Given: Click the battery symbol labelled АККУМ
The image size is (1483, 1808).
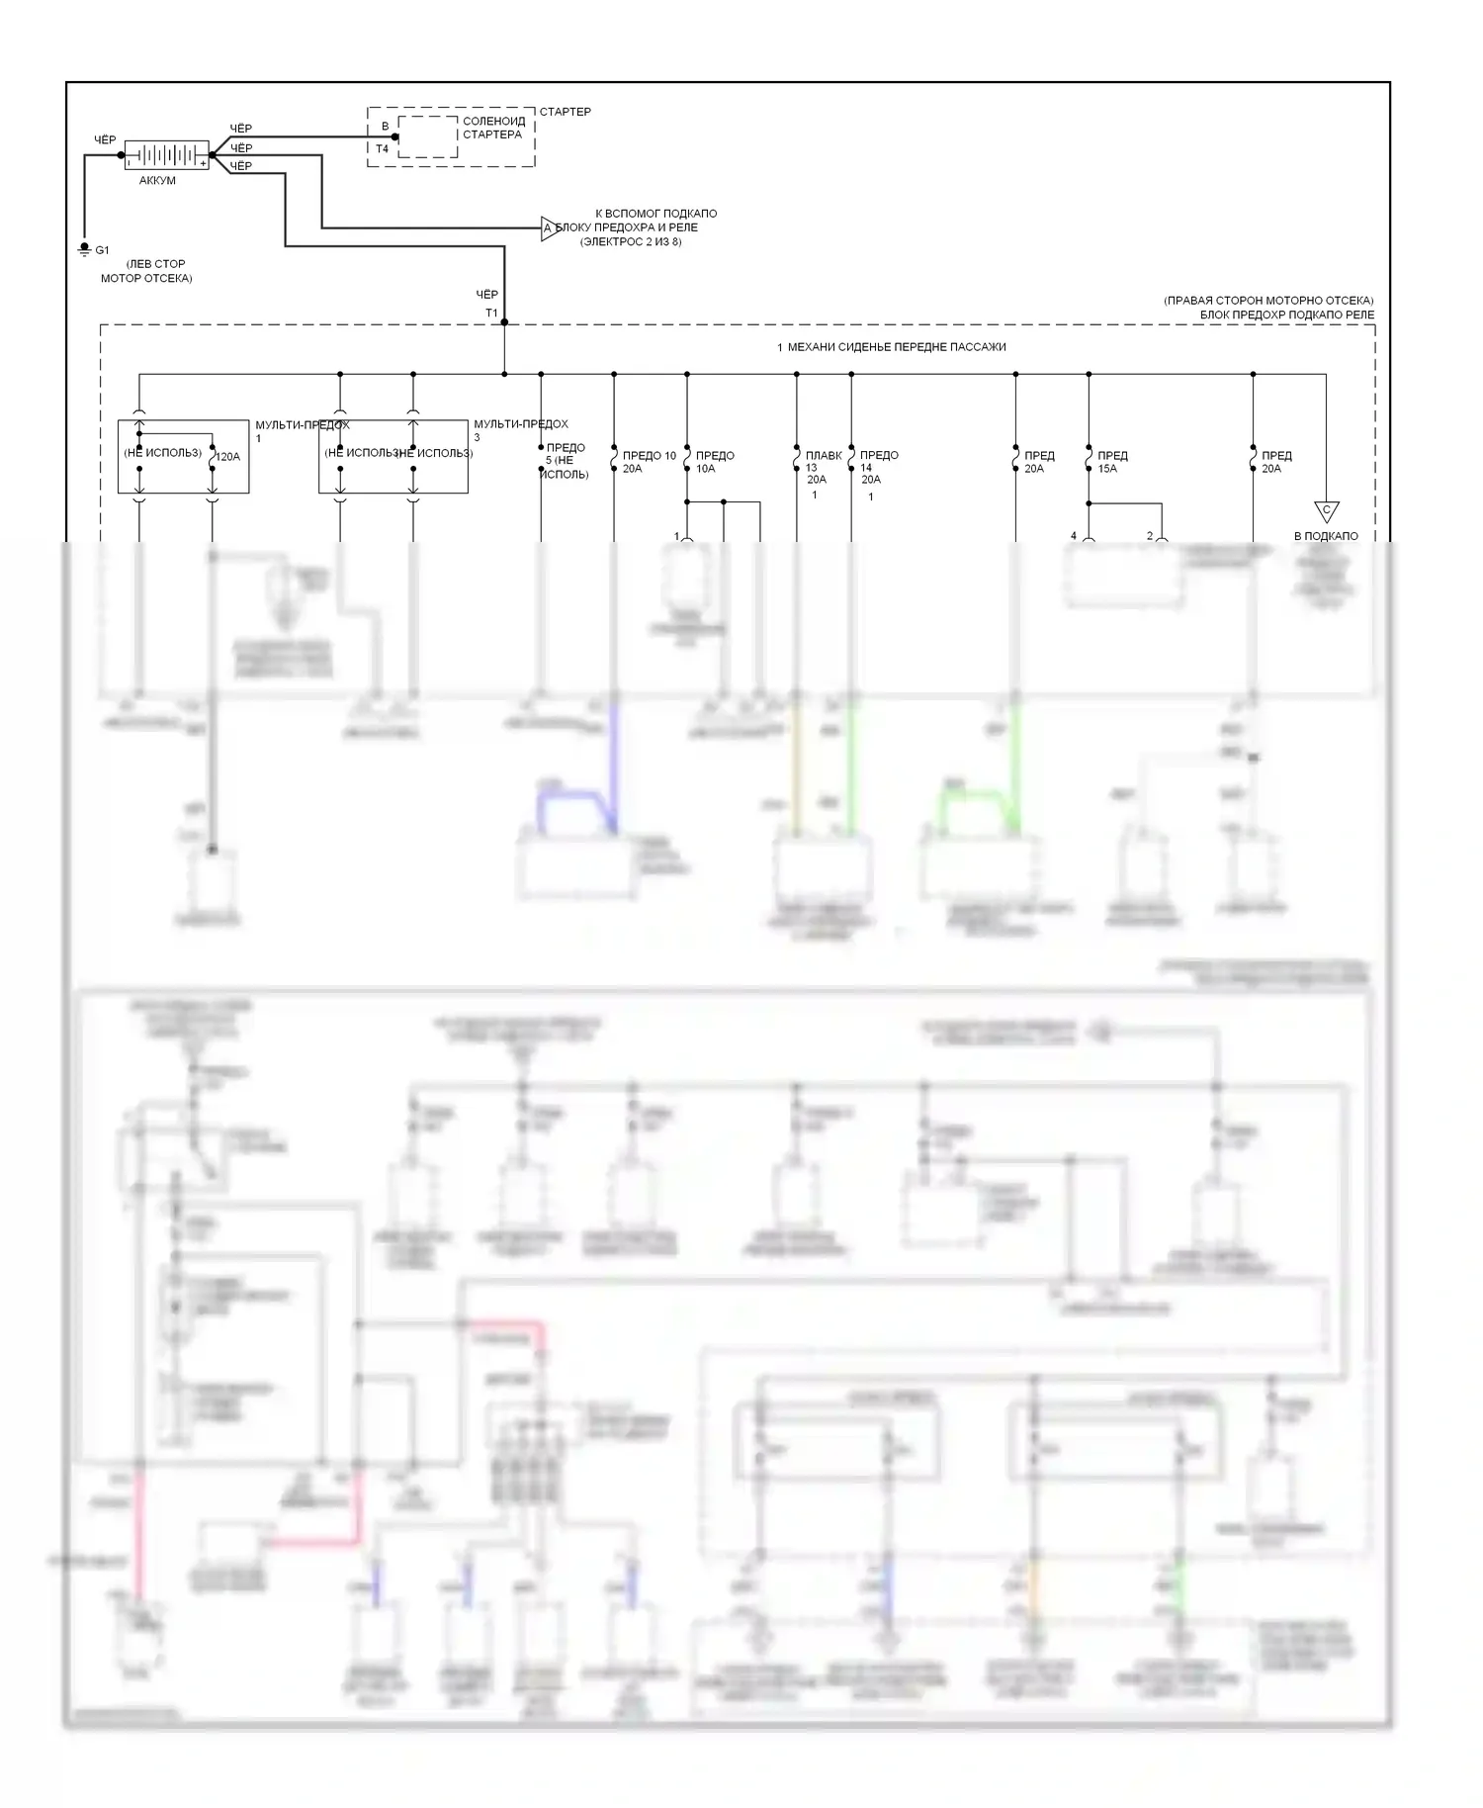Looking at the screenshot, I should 166,155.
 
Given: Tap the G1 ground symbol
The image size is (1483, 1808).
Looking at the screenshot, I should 85,250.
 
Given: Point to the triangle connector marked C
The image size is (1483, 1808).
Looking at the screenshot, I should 1326,511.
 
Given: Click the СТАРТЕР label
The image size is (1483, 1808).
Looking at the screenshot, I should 565,112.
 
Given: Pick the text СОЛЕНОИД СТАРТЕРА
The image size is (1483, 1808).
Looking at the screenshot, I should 493,128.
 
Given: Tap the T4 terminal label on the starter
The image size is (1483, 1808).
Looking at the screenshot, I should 382,149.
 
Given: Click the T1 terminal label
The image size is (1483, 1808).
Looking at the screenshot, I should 491,314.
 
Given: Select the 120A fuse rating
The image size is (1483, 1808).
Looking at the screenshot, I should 227,457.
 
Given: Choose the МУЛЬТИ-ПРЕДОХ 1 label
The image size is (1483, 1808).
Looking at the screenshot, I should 302,430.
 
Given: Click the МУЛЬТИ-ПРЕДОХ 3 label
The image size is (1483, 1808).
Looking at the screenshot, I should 520,429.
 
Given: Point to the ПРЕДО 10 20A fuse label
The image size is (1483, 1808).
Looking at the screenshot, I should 648,462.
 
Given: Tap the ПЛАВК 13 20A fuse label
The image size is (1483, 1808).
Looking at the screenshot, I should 821,467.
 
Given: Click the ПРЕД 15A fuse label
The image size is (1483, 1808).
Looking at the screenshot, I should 1111,462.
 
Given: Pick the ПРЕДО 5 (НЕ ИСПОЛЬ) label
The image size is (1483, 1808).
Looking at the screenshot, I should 565,461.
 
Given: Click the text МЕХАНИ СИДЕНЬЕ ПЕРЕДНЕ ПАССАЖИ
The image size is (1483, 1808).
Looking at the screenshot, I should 896,347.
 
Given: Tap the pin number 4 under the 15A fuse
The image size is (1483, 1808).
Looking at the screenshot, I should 1074,536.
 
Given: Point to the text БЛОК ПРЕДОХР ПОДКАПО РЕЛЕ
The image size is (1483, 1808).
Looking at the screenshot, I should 1286,315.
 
